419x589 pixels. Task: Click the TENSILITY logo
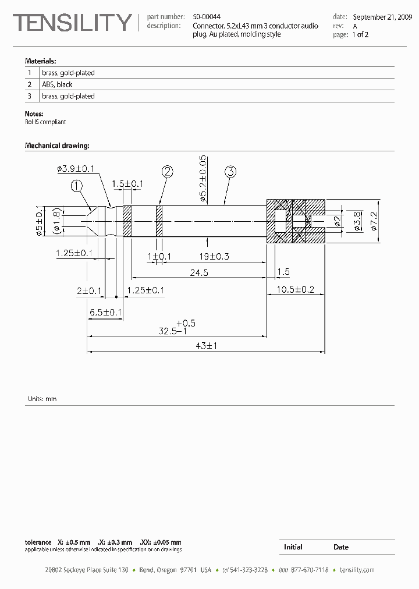pos(72,23)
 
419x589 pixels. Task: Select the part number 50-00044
pos(207,17)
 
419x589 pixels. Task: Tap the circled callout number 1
pos(77,186)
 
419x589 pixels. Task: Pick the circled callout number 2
pos(168,171)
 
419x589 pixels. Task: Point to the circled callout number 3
pos(230,171)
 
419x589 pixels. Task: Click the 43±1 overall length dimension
pos(206,346)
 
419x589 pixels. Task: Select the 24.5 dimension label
pos(198,272)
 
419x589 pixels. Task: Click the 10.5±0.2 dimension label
pos(296,289)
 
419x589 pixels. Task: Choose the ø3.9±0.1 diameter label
pos(76,169)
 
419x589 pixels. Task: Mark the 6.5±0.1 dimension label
pos(105,313)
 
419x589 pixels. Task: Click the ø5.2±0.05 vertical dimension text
pos(203,179)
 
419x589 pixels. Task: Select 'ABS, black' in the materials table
pos(57,84)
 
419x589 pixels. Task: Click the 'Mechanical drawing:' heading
pos(56,145)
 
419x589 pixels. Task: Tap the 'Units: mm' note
pos(42,399)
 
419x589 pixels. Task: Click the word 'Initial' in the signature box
pos(293,547)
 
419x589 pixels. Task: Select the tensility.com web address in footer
pos(357,570)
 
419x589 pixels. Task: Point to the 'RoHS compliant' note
pos(45,122)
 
